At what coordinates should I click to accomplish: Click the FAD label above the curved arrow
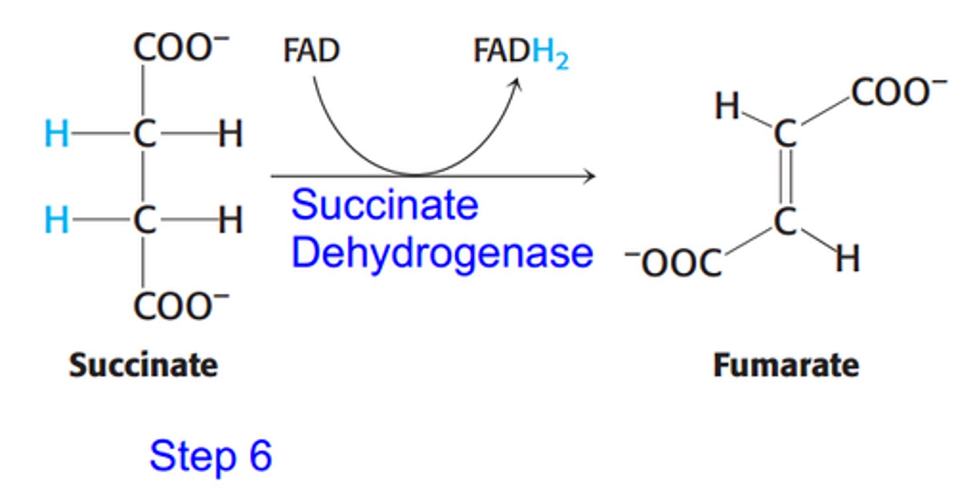(x=311, y=51)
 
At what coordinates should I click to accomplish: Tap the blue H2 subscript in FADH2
(x=550, y=52)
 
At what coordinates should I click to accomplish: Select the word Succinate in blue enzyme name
(x=384, y=205)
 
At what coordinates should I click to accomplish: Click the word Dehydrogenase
(x=441, y=253)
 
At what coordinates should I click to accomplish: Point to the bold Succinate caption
(x=143, y=366)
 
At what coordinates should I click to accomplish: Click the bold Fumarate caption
(x=786, y=366)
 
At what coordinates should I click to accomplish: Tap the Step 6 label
(x=211, y=456)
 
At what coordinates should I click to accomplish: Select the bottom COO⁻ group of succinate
(x=181, y=306)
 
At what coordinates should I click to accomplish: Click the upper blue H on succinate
(x=56, y=135)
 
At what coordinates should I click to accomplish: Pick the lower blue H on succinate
(x=56, y=220)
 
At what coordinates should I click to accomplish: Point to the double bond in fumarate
(x=785, y=178)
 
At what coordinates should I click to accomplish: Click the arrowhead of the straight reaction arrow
(x=589, y=176)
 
